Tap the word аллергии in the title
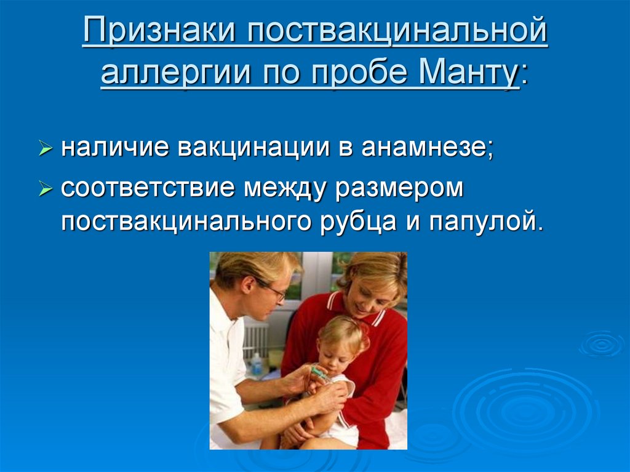176,73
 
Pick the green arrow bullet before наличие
46,148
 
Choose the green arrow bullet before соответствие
46,188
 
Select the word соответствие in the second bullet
148,188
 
